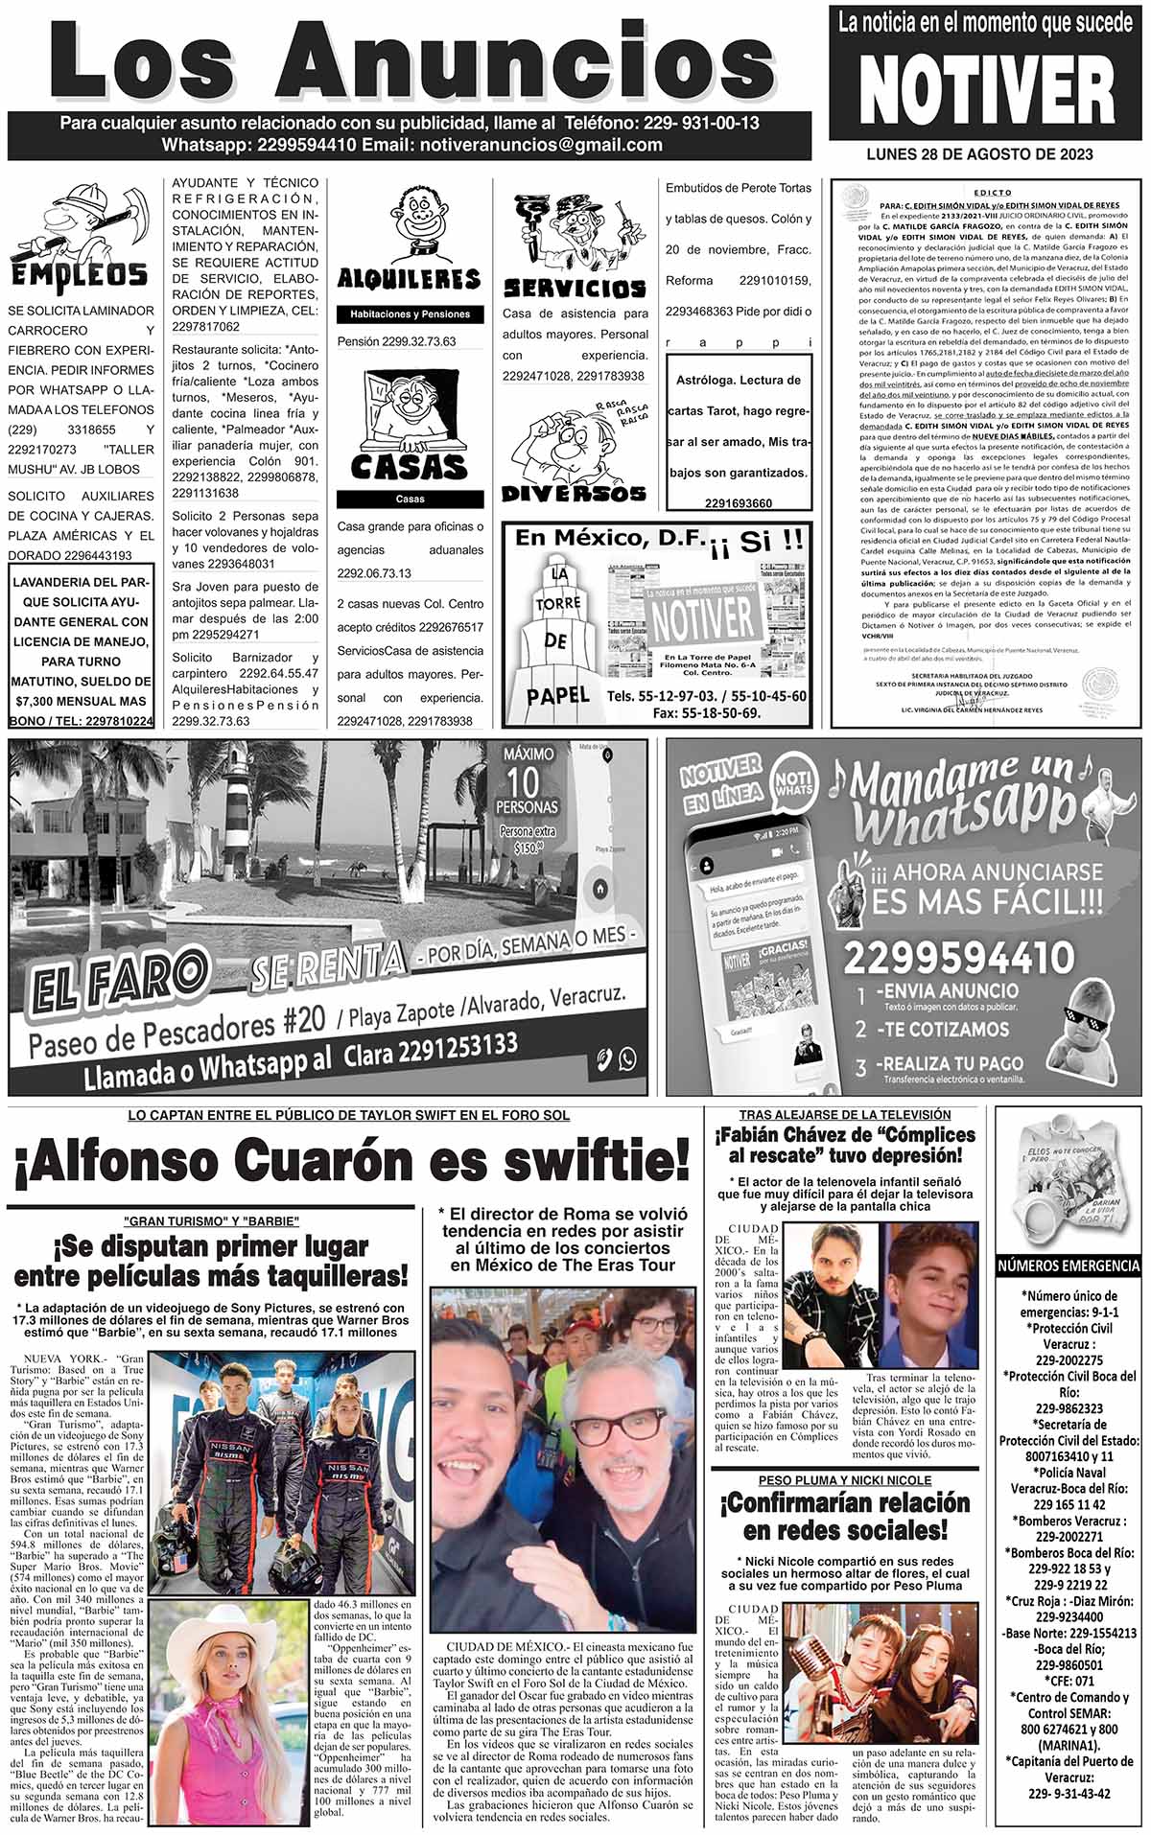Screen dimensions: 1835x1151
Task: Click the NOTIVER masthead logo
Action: (x=987, y=90)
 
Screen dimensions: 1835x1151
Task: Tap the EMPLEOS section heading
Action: (x=79, y=274)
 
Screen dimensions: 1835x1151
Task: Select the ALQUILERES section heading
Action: (x=409, y=279)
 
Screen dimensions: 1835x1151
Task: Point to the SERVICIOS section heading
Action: (x=575, y=288)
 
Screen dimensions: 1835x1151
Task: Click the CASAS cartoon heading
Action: (x=409, y=466)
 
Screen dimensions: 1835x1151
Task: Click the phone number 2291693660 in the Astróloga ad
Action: (x=738, y=503)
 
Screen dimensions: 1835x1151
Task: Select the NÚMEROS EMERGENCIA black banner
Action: (x=1069, y=1266)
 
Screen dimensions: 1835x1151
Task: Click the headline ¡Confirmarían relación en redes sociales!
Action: (x=844, y=1515)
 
